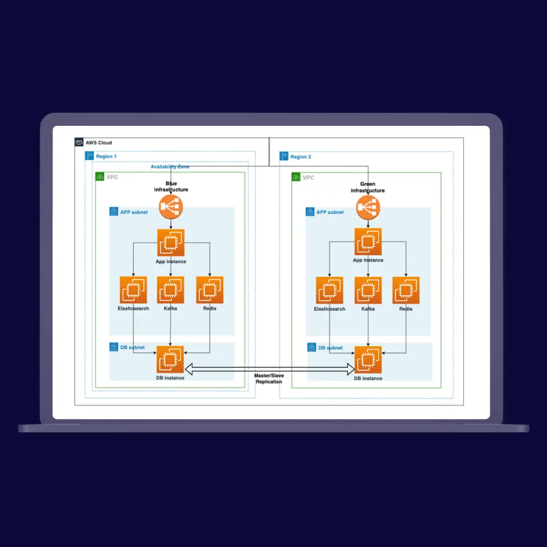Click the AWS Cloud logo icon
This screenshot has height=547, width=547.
[x=79, y=143]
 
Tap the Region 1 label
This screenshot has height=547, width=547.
[x=106, y=156]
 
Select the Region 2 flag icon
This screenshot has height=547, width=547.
[x=284, y=156]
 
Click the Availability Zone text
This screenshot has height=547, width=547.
[x=170, y=167]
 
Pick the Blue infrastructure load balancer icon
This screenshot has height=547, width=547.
[x=171, y=207]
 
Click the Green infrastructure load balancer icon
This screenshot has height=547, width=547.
[x=368, y=207]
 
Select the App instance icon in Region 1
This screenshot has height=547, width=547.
[x=171, y=242]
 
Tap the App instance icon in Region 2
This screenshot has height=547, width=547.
[x=368, y=242]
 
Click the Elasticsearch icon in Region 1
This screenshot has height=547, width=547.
[x=133, y=290]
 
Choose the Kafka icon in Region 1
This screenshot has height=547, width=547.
[x=171, y=290]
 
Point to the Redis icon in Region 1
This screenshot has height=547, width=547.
[x=209, y=290]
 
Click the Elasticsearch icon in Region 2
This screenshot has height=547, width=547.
[x=329, y=290]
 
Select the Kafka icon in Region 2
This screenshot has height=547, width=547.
[x=368, y=290]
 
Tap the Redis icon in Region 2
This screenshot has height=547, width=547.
[x=406, y=290]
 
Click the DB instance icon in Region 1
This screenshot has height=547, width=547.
[x=171, y=359]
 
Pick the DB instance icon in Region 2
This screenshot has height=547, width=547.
[x=368, y=359]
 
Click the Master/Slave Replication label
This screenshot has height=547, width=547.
[x=269, y=379]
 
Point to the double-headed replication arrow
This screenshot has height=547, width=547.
[x=269, y=368]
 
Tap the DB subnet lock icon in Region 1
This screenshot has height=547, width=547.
[x=114, y=347]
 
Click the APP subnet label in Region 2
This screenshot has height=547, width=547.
[x=330, y=212]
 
